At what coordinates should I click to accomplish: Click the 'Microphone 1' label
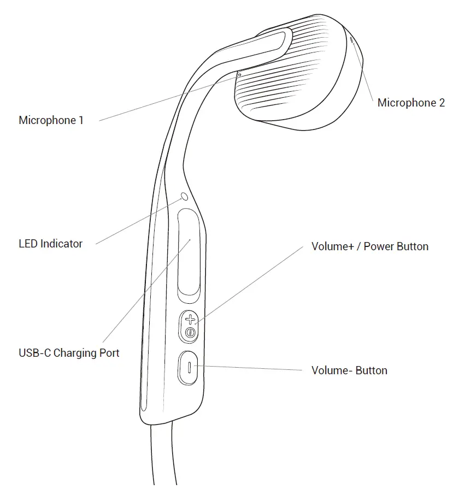[51, 120]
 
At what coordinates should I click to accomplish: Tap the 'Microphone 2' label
[411, 103]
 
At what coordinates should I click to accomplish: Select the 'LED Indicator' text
[50, 244]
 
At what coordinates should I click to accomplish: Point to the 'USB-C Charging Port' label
[69, 352]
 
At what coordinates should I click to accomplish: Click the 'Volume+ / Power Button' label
[369, 246]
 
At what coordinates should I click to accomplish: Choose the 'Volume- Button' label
[349, 370]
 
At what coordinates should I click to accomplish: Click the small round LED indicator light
[184, 196]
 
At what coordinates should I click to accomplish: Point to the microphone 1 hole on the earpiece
[239, 75]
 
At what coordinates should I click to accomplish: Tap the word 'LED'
[28, 244]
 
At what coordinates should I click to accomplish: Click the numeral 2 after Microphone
[442, 103]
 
